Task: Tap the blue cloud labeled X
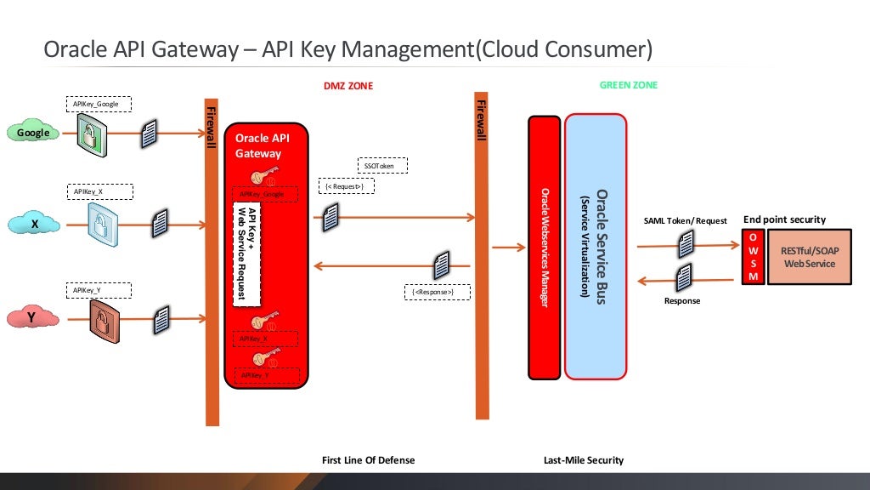tap(34, 224)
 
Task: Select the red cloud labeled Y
tap(31, 317)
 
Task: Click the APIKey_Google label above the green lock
tap(98, 105)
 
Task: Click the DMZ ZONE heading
tap(347, 86)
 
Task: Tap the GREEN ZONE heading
tap(628, 85)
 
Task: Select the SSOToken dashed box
tap(381, 165)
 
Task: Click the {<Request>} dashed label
tap(343, 185)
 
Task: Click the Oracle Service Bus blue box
tap(595, 247)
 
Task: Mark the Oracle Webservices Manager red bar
tap(545, 247)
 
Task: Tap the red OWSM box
tap(753, 256)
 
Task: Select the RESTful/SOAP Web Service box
tap(809, 256)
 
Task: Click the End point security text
tap(784, 219)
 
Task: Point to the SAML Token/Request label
tap(685, 221)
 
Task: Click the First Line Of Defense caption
tap(369, 460)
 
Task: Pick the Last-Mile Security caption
tap(583, 460)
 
